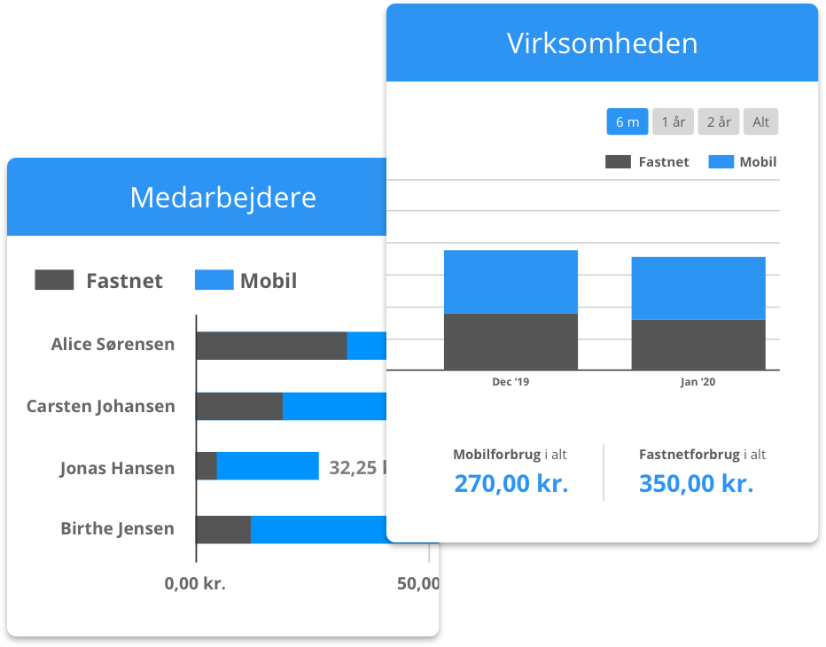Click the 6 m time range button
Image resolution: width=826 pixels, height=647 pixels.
click(x=627, y=122)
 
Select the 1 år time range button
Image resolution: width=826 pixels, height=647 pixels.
click(x=673, y=122)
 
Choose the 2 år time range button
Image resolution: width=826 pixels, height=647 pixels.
click(x=718, y=122)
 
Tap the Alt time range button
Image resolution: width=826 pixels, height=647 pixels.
click(x=760, y=122)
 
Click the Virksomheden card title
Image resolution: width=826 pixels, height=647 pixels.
click(x=602, y=43)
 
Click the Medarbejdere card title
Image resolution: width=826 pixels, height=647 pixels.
click(x=222, y=197)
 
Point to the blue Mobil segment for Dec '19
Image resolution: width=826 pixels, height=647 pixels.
click(x=510, y=282)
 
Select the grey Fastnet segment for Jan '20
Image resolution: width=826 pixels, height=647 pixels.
click(x=698, y=345)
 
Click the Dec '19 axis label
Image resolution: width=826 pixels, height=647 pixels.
click(x=510, y=382)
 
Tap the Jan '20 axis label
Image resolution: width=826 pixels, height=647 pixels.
click(x=698, y=382)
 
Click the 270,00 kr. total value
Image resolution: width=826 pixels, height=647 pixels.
click(x=510, y=484)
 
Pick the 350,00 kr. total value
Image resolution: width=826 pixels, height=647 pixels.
click(x=696, y=484)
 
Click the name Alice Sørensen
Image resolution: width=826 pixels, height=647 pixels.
click(x=113, y=345)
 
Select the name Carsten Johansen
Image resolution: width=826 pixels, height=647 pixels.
click(x=100, y=407)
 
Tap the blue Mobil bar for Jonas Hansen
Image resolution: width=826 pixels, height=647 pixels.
click(x=268, y=466)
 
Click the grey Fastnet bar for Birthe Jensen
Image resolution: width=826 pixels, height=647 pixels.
click(x=223, y=529)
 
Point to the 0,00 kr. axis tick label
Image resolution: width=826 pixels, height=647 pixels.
click(x=195, y=584)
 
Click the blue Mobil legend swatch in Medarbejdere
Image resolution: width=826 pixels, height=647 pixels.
click(x=214, y=280)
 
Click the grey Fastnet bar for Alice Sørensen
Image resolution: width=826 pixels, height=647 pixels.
click(x=271, y=346)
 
